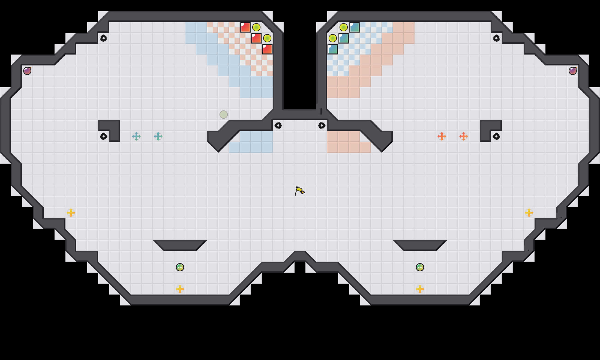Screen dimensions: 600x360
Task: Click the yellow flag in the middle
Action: pos(299,191)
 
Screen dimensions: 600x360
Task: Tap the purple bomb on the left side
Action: pos(27,71)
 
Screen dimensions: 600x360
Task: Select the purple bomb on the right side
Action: pos(572,71)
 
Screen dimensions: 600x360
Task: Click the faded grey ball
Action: pos(224,115)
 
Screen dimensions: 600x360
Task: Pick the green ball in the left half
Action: pos(180,267)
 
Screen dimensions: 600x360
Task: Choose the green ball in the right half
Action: pos(420,267)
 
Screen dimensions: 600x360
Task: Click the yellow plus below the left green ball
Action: pos(180,289)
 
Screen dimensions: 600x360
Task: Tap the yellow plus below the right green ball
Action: pos(420,289)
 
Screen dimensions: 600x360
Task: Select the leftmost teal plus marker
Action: pos(136,136)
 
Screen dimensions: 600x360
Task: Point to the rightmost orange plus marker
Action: pos(464,136)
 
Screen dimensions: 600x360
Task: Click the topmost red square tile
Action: pos(245,27)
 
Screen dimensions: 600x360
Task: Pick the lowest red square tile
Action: pos(267,49)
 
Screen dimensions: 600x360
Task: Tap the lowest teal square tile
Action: pos(333,49)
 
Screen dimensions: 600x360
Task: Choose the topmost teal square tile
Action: pos(355,27)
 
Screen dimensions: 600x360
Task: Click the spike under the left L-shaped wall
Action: pos(104,136)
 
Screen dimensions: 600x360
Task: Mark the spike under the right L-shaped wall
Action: pos(496,136)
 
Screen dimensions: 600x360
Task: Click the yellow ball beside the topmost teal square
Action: pos(344,27)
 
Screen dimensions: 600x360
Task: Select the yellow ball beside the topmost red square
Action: pos(256,27)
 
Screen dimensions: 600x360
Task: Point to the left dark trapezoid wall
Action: pos(180,245)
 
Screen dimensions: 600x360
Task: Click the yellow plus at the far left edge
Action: pos(71,213)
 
